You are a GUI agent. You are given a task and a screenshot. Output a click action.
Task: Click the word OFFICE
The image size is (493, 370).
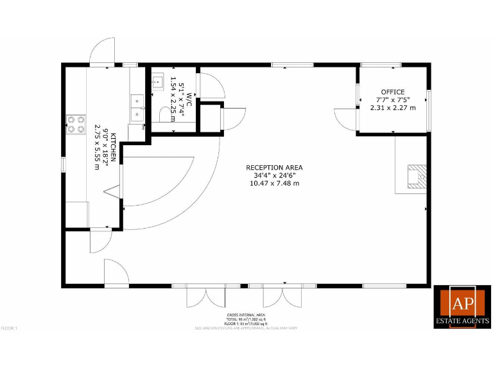tap(393, 92)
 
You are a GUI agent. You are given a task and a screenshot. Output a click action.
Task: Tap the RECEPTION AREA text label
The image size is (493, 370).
tap(274, 168)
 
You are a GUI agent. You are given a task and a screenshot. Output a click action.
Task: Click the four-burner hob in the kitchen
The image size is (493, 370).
tap(76, 123)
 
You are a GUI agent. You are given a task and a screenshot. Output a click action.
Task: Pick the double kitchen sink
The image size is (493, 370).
tap(137, 107)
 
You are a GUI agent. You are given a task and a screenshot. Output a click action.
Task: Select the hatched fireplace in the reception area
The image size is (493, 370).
tap(415, 175)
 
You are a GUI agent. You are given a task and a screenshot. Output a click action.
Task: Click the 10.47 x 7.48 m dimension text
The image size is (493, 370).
tap(274, 183)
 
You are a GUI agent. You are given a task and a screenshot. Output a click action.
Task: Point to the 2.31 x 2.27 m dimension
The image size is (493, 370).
tap(393, 107)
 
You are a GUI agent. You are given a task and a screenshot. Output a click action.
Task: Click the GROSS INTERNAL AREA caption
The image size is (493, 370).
tap(246, 315)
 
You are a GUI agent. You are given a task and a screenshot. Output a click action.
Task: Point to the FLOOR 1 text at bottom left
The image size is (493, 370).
tap(9, 328)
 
